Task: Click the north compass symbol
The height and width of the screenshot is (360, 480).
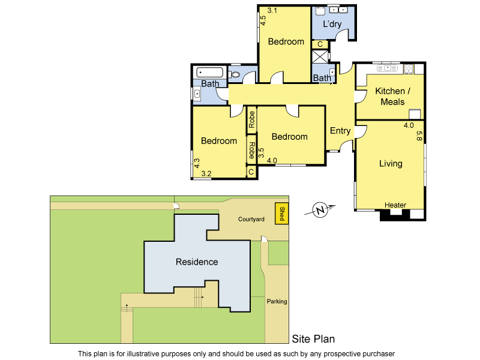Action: [321, 211]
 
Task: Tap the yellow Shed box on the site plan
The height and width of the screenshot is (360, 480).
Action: [281, 214]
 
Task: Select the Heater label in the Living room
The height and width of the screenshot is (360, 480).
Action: [395, 205]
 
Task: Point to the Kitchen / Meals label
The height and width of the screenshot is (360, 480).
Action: [392, 97]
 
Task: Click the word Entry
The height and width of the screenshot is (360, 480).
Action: [340, 131]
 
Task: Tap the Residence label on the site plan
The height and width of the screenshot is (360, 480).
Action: [197, 262]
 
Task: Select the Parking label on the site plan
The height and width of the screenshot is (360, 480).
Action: [277, 301]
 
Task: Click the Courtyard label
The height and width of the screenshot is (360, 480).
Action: [251, 220]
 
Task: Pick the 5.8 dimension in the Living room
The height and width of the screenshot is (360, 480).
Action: [419, 136]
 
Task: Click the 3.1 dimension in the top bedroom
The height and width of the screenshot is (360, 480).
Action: [272, 10]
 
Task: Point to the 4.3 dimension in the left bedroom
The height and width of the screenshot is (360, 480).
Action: [196, 163]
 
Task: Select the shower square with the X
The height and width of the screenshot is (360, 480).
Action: [320, 56]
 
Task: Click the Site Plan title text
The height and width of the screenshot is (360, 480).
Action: [313, 339]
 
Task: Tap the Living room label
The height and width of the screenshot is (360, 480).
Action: [391, 163]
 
